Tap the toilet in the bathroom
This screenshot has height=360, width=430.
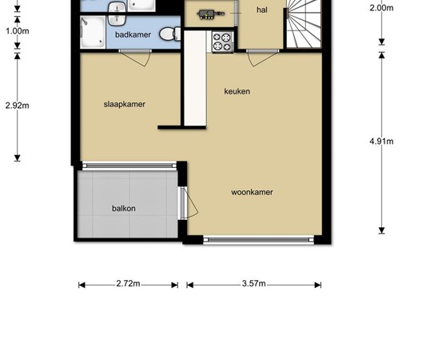pos(166,34)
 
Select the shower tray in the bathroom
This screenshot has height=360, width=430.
pos(93,33)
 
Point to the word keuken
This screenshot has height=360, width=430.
pos(237,91)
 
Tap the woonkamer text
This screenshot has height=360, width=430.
pos(252,192)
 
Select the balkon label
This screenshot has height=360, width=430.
pos(124,209)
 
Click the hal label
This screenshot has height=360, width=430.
pos(262,10)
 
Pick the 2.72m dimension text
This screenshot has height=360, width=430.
pos(128,284)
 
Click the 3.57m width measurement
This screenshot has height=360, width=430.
pos(253,284)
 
